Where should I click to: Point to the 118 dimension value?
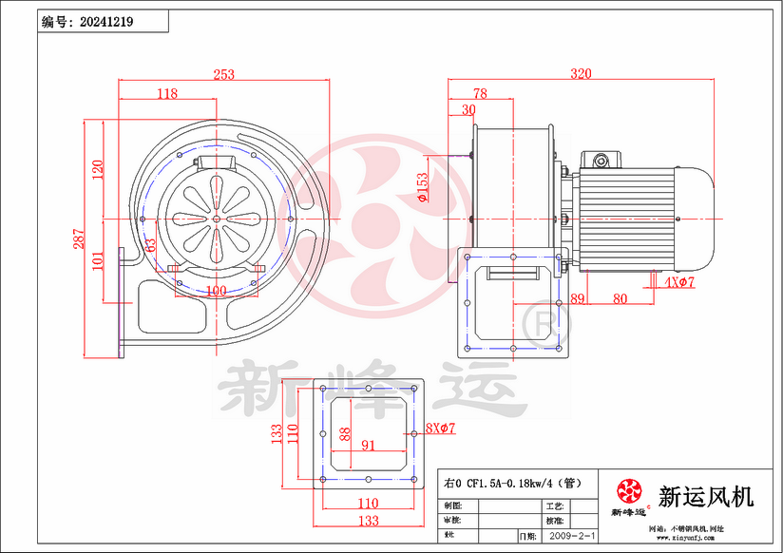pos(167,93)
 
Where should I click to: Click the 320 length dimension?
pos(581,73)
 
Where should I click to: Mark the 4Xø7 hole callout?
pos(680,282)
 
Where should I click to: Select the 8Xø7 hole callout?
pos(440,429)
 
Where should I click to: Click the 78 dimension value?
pos(479,93)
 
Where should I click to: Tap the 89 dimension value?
pos(578,298)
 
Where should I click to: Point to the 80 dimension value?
pos(620,298)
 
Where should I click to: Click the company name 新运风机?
pos(706,496)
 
